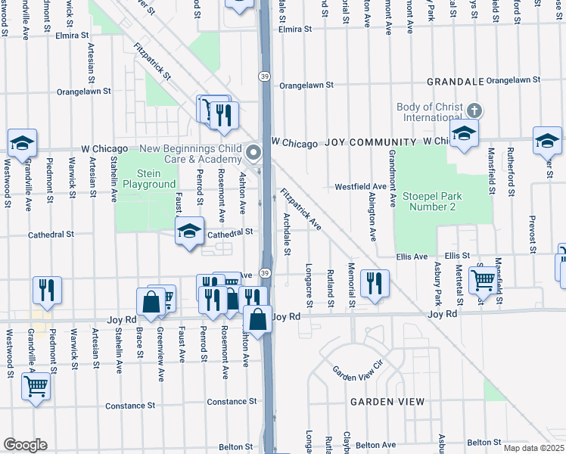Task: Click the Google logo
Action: tap(25, 445)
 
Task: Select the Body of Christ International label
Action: tap(429, 112)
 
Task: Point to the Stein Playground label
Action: tap(149, 179)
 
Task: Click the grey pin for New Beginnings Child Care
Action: tap(253, 154)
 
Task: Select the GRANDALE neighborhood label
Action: tap(455, 81)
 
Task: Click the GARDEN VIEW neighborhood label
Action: tap(386, 402)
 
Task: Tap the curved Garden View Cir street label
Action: tap(359, 372)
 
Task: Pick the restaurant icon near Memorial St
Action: tap(375, 285)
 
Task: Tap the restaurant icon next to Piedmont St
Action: tap(47, 291)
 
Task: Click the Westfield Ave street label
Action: tap(361, 186)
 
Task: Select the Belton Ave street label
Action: tap(378, 446)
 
